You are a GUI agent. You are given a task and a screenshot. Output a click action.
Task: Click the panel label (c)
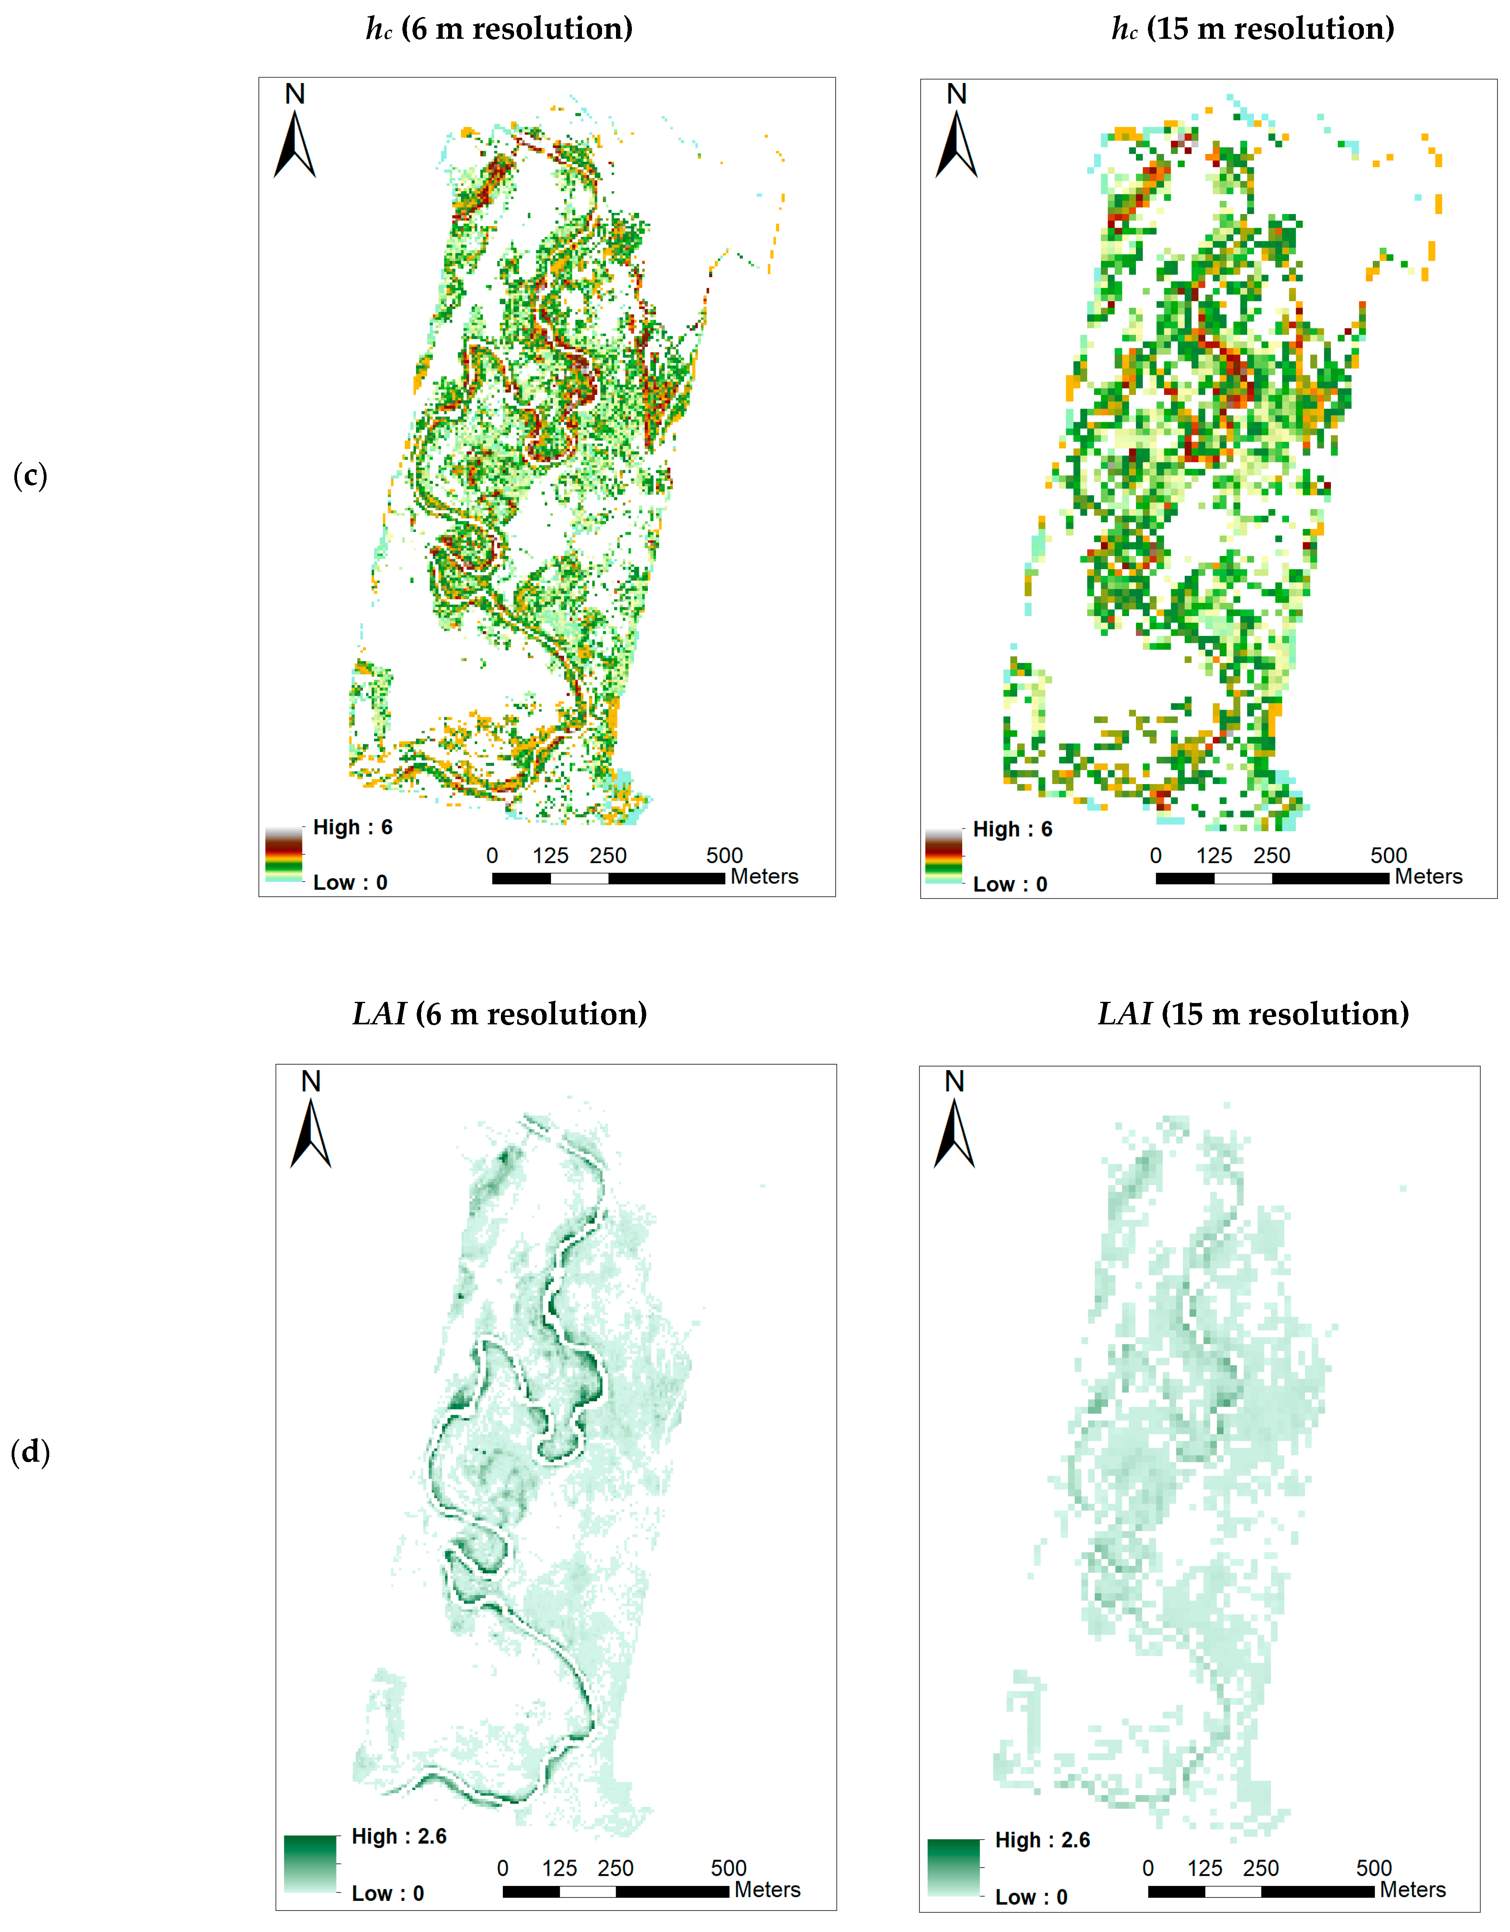pos(30,476)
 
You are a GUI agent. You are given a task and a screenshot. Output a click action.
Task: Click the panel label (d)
pos(30,1452)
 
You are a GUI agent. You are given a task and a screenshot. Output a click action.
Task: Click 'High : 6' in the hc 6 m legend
pos(352,827)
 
